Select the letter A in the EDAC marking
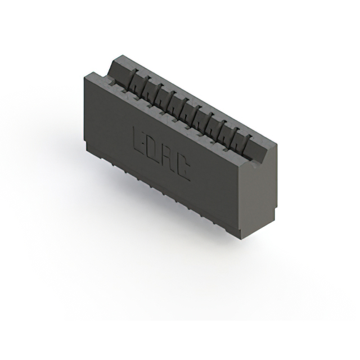click(x=168, y=157)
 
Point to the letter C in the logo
click(x=183, y=168)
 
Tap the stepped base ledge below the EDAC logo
click(x=163, y=193)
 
